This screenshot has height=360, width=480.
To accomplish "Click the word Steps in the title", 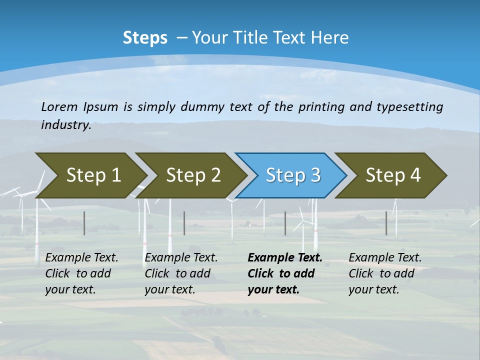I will click(145, 38).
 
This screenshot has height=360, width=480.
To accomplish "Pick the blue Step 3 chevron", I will click(292, 175).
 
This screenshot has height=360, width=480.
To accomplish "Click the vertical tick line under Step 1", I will click(84, 223).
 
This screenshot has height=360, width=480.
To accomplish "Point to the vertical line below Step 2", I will click(184, 223).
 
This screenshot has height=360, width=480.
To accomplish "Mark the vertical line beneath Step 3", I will click(285, 223).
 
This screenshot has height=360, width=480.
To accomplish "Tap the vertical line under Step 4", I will click(386, 223).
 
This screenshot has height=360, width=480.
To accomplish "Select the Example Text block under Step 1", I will click(81, 273).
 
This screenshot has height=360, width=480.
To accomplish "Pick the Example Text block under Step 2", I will click(181, 273).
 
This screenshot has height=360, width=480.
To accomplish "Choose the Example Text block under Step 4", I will click(385, 273).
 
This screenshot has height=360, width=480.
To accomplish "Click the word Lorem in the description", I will click(59, 107).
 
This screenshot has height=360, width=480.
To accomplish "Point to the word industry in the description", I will click(66, 125).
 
